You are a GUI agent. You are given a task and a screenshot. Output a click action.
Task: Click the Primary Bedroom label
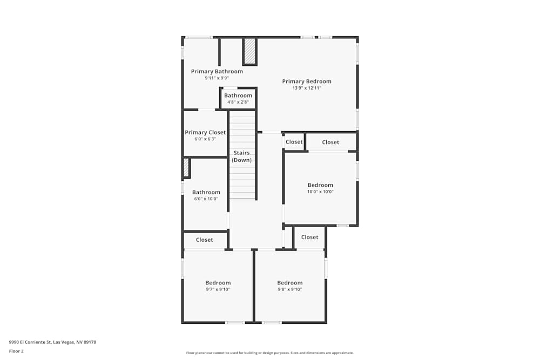tap(307, 81)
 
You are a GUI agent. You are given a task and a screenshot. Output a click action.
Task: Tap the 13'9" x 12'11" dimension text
tap(307, 88)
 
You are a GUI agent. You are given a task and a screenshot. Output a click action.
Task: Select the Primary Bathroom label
tap(217, 71)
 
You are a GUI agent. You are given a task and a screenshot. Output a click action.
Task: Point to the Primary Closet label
tap(205, 132)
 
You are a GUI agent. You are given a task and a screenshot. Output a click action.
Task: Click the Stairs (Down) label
tap(241, 157)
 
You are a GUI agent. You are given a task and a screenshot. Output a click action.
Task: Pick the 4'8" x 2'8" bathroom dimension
tap(238, 102)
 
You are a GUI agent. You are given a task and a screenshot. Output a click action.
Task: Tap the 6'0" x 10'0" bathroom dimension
tap(206, 199)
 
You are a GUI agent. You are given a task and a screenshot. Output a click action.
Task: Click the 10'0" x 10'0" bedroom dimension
tap(320, 192)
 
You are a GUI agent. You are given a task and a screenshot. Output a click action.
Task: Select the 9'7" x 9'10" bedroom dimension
tap(218, 289)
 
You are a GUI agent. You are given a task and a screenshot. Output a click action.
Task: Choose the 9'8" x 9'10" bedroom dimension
tap(290, 289)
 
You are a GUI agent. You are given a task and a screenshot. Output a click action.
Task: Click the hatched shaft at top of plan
tap(249, 51)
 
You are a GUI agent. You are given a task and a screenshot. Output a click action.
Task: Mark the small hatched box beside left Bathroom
tap(186, 167)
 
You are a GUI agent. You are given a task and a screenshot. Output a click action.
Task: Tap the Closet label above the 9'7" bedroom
tap(204, 240)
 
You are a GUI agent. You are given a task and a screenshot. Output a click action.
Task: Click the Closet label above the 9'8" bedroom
tap(309, 237)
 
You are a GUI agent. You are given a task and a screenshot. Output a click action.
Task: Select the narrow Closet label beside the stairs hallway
tap(294, 142)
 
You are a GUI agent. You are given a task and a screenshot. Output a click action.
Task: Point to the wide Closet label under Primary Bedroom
tap(330, 142)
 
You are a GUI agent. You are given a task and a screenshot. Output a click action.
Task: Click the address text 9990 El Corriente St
tap(52, 342)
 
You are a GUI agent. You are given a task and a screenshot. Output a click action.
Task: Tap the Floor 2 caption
tap(16, 351)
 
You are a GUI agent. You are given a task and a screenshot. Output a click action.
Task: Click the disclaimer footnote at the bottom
tap(270, 353)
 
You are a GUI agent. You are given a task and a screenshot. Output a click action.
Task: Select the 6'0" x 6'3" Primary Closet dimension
tap(205, 139)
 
